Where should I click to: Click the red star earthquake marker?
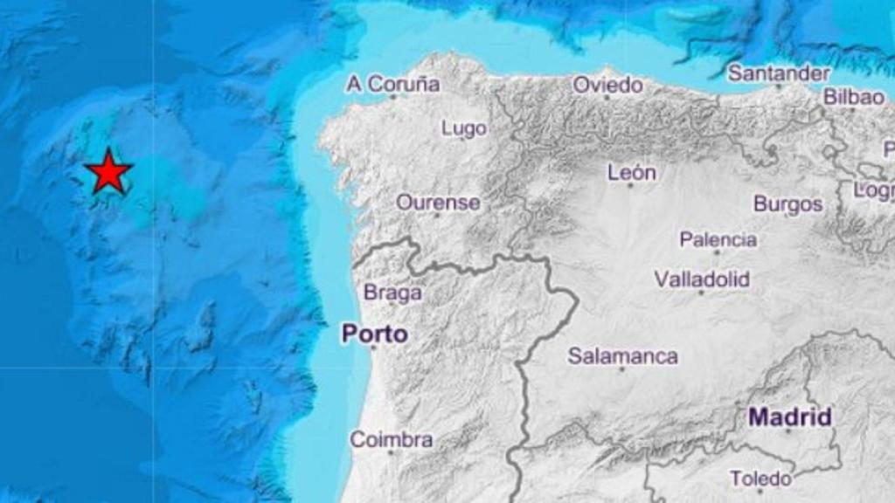pyautogui.click(x=108, y=171)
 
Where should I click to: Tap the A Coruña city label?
pyautogui.click(x=392, y=84)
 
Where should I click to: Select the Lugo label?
pyautogui.click(x=463, y=128)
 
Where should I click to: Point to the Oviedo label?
pyautogui.click(x=607, y=85)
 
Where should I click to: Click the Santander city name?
pyautogui.click(x=778, y=72)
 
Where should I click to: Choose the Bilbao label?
pyautogui.click(x=854, y=97)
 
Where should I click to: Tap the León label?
pyautogui.click(x=631, y=173)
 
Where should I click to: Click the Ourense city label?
pyautogui.click(x=438, y=203)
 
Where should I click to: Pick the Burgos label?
pyautogui.click(x=787, y=203)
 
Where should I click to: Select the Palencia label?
pyautogui.click(x=718, y=239)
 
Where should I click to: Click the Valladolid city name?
pyautogui.click(x=702, y=279)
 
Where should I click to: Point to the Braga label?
pyautogui.click(x=392, y=293)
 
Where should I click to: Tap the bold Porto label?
pyautogui.click(x=374, y=334)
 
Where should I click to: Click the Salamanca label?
pyautogui.click(x=622, y=355)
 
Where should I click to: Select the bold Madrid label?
pyautogui.click(x=789, y=417)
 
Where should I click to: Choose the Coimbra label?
pyautogui.click(x=391, y=439)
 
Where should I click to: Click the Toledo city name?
pyautogui.click(x=760, y=478)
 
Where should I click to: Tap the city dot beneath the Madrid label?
pyautogui.click(x=787, y=431)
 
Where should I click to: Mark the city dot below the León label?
pyautogui.click(x=630, y=185)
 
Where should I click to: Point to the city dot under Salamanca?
pyautogui.click(x=622, y=369)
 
